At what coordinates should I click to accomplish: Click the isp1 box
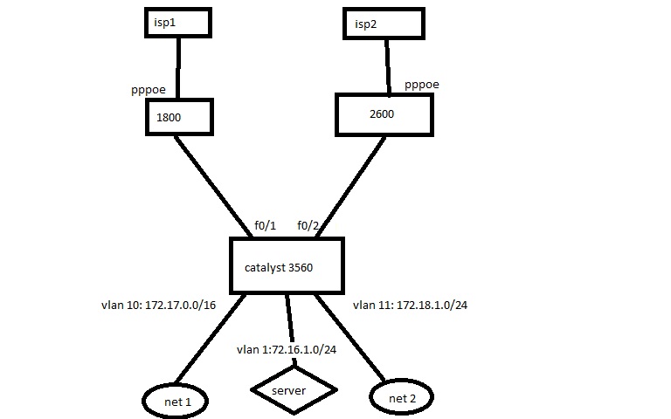177,23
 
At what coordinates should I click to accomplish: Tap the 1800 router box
179,115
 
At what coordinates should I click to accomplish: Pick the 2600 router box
383,113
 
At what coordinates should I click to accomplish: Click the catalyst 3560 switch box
286,265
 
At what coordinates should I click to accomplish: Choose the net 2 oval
404,398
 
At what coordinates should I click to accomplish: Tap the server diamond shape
294,390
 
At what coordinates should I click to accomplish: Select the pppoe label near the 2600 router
422,85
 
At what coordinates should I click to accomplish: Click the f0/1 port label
265,224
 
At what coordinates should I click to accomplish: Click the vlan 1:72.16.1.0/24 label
287,350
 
